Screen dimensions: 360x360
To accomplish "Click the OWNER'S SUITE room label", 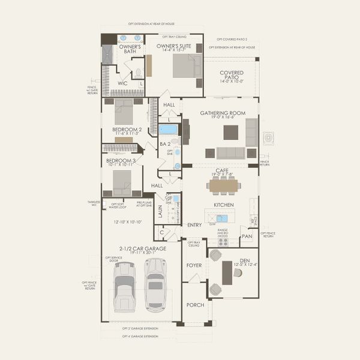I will tap(173, 46).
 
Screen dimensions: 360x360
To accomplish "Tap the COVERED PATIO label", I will tap(231, 76).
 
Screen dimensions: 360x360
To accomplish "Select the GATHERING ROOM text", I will tap(223, 113).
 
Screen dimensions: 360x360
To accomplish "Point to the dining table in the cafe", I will tap(224, 186).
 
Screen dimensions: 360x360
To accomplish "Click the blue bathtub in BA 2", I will tap(169, 129).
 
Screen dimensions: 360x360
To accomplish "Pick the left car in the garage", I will tap(124, 286).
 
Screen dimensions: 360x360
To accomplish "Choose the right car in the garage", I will tap(155, 285).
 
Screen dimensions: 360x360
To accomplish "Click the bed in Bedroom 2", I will tap(124, 111).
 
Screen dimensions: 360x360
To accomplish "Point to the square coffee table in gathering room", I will tap(230, 132).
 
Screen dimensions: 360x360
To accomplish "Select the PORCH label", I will tap(194, 305).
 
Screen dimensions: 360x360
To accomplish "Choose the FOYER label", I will tap(194, 263).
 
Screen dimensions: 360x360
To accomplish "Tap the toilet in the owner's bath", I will tap(138, 73).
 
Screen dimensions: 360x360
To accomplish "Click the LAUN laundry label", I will tap(160, 211).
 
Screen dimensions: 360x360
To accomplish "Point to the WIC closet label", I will tap(122, 83).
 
